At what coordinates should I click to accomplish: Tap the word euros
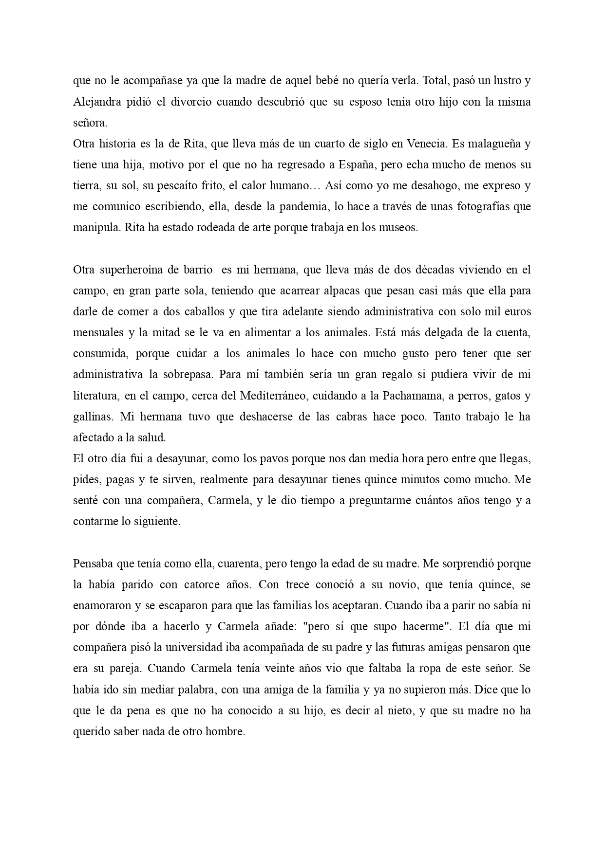pyautogui.click(x=518, y=312)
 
